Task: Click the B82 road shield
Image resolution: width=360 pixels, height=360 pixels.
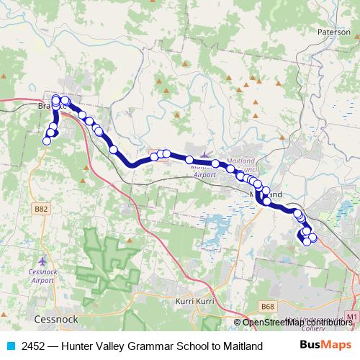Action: [42, 209]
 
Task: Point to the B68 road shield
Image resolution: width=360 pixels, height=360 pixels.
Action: [269, 307]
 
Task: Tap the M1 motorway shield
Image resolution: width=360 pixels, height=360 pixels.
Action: [351, 317]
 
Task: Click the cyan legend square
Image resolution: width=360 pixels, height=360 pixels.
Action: [10, 346]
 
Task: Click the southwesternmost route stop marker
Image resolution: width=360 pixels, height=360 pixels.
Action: [47, 141]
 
